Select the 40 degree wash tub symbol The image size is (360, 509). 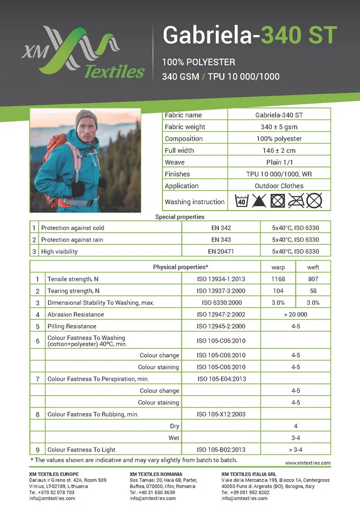[241, 201]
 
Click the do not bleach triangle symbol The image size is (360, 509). [260, 201]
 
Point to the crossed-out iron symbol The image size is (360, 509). [296, 201]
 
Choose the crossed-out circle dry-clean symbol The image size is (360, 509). [314, 201]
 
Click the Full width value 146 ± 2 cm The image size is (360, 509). [279, 151]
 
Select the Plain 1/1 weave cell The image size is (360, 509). [279, 162]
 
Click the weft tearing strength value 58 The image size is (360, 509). [313, 291]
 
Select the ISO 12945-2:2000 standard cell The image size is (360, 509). [221, 326]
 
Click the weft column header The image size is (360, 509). [313, 267]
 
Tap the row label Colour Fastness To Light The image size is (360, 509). [81, 449]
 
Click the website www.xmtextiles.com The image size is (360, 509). [308, 463]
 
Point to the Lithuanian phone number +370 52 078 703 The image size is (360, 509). [52, 492]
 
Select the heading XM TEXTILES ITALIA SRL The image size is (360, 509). [249, 474]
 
